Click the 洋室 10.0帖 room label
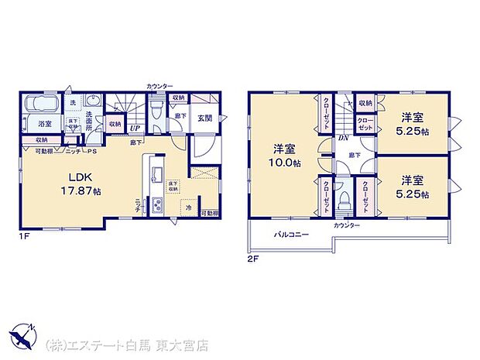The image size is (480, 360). pyautogui.click(x=283, y=154)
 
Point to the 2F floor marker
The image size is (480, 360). pyautogui.click(x=252, y=258)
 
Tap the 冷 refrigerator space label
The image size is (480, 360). pyautogui.click(x=187, y=207)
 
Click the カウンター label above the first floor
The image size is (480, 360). pyautogui.click(x=159, y=85)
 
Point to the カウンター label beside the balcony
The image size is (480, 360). pyautogui.click(x=347, y=225)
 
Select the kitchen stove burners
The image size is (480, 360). pyautogui.click(x=155, y=205)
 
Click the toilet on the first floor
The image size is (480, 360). pyautogui.click(x=156, y=108)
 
